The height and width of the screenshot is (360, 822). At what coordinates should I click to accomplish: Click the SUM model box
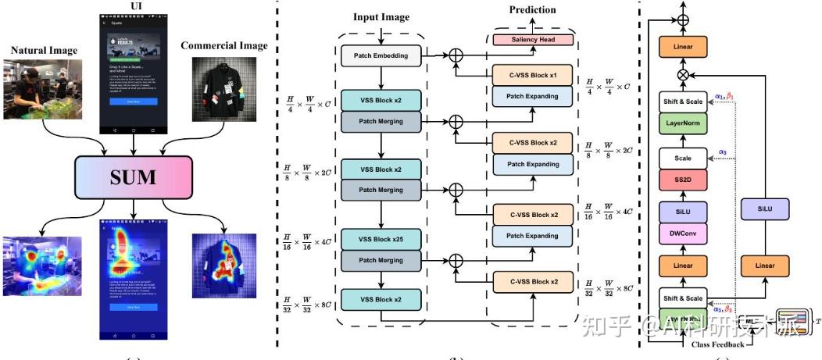click(134, 176)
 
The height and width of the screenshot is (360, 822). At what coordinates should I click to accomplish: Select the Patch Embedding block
click(381, 55)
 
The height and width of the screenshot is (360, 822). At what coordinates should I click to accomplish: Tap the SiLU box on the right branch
click(765, 208)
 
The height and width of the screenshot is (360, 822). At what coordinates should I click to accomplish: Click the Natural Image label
click(44, 51)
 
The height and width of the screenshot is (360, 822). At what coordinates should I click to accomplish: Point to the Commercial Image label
click(224, 45)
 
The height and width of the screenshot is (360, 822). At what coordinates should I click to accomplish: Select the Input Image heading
click(381, 17)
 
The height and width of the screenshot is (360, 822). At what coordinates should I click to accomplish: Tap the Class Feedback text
click(717, 344)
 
